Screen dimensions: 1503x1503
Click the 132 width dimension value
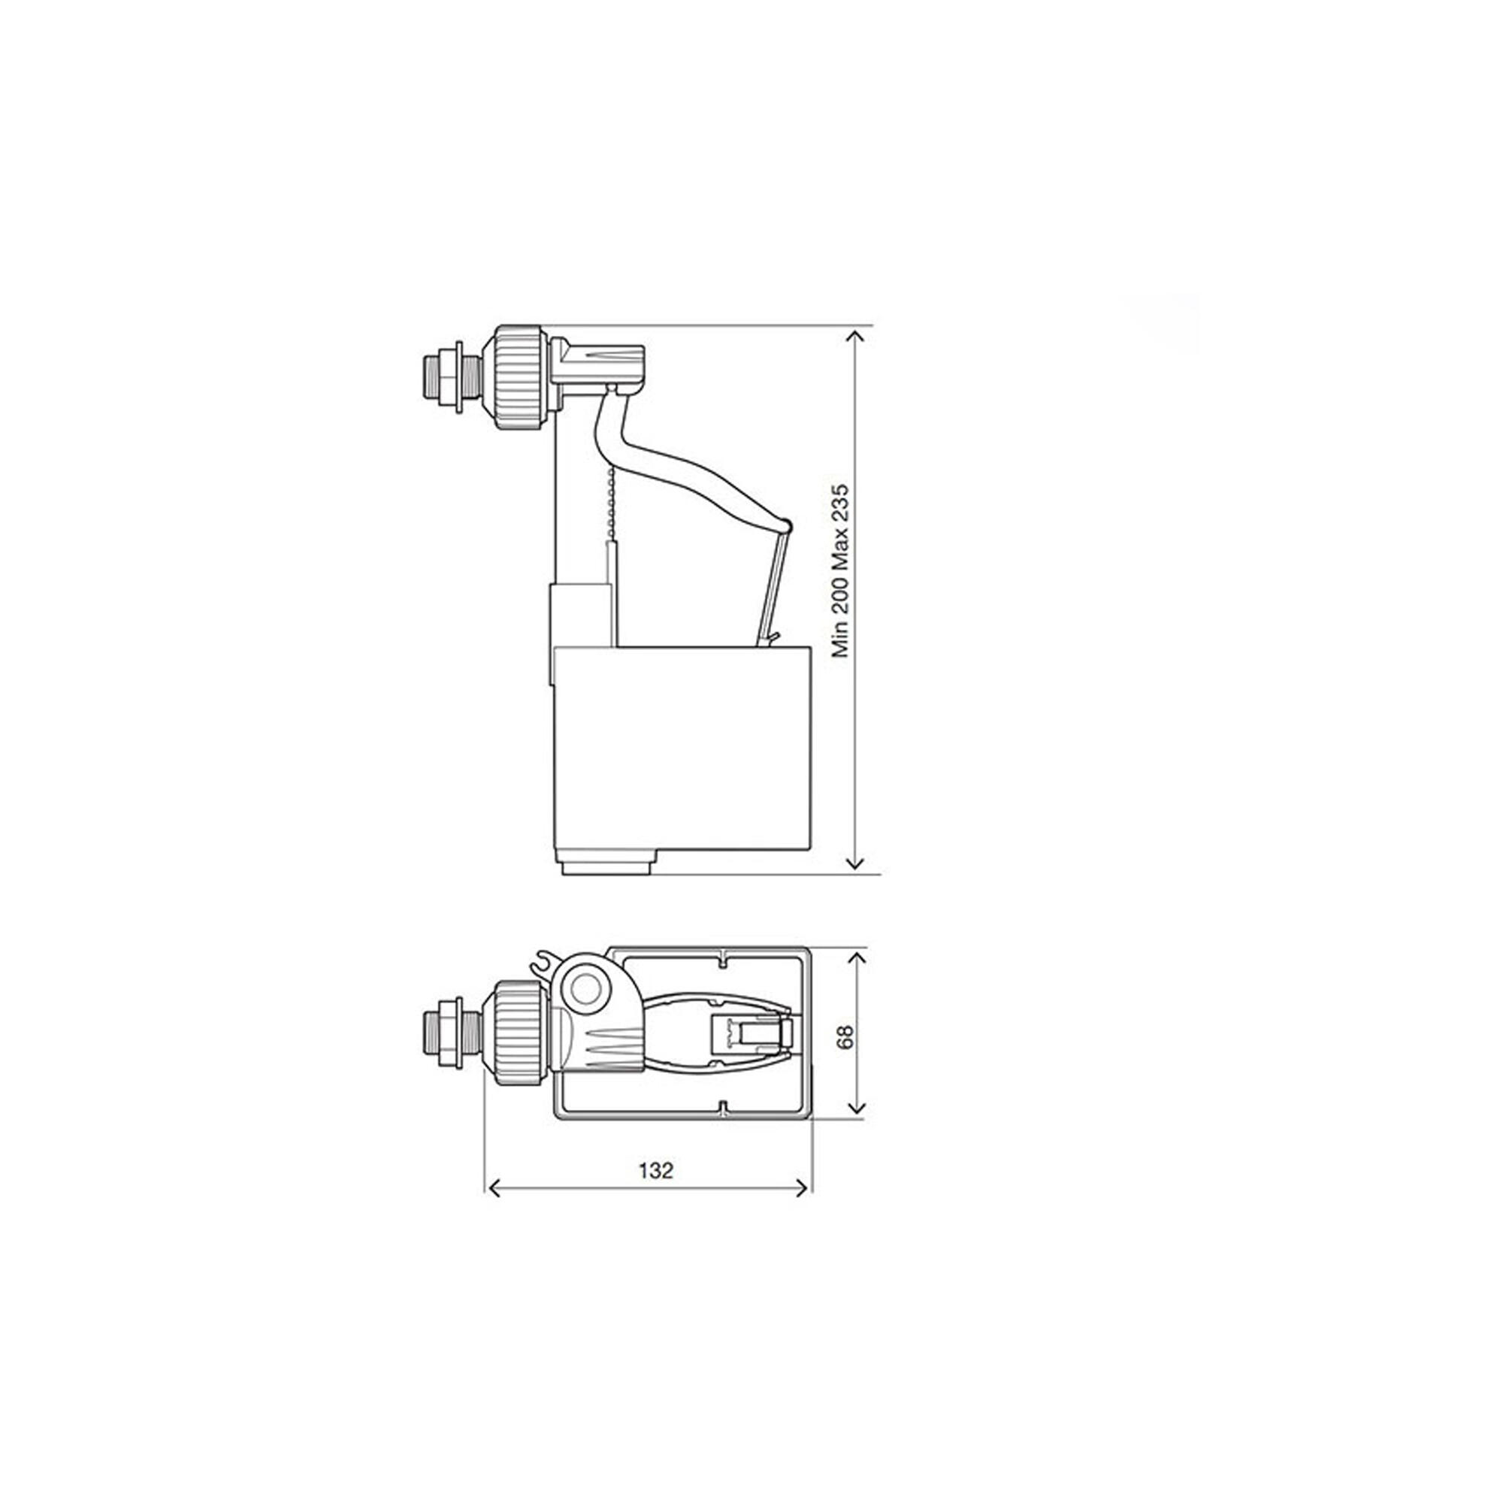[x=656, y=1192]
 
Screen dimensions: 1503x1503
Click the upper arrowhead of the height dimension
[x=856, y=335]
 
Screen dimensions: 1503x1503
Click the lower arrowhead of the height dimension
[x=856, y=861]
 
